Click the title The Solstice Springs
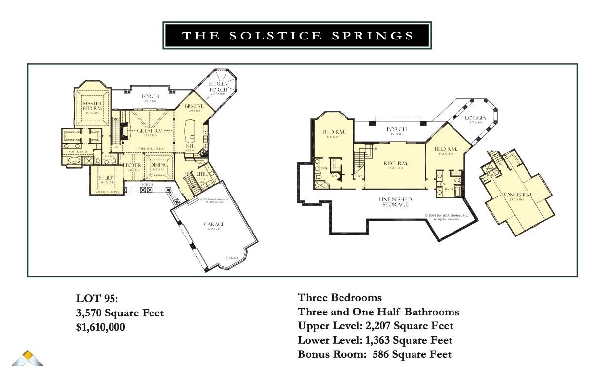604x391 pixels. tap(298, 36)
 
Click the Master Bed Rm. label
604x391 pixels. tap(92, 106)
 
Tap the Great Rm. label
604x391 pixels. tap(147, 131)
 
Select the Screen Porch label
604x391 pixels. tap(218, 87)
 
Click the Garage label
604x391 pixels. tap(214, 224)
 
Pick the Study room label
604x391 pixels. tap(107, 178)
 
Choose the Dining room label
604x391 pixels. tap(159, 165)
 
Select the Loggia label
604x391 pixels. tap(476, 118)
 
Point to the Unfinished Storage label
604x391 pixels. tap(395, 202)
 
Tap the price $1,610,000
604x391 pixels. tap(101, 327)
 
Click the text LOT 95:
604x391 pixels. tap(97, 298)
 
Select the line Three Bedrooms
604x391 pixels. tap(340, 298)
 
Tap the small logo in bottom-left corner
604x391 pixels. tap(28, 358)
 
